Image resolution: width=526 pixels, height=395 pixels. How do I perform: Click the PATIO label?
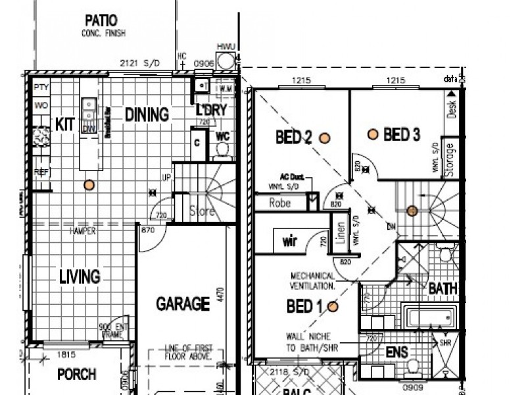(x=103, y=19)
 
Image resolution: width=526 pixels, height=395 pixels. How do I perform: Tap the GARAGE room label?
(x=183, y=303)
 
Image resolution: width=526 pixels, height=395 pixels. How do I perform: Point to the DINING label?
(x=147, y=115)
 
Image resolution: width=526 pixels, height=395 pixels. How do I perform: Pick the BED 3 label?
(x=402, y=135)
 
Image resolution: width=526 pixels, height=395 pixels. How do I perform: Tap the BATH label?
(x=442, y=288)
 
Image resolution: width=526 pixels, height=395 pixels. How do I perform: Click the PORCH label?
(x=76, y=375)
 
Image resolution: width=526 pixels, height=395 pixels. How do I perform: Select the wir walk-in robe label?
(x=290, y=242)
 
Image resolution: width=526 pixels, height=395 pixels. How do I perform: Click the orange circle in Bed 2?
(x=324, y=138)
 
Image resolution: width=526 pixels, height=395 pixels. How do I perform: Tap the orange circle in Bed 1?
(x=333, y=306)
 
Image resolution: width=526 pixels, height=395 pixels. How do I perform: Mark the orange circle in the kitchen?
(x=89, y=185)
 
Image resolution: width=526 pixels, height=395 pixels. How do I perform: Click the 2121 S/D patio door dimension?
(x=140, y=63)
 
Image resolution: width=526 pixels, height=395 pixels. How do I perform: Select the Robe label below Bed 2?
(x=280, y=203)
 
